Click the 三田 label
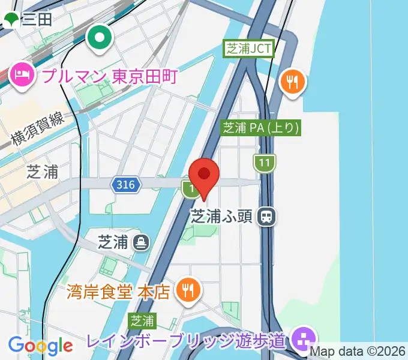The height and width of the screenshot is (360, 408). coord(36,20)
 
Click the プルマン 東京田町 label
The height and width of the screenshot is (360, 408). coord(110,76)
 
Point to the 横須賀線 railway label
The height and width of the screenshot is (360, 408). coord(38,131)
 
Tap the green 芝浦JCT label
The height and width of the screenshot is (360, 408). coord(249,49)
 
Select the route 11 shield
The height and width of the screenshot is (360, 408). coord(263,162)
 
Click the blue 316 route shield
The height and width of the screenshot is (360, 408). coord(126,185)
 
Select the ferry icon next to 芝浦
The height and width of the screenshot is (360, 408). coord(142,242)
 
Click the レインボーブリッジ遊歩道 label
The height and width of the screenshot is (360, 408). coord(185,341)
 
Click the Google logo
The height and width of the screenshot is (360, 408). coord(40,345)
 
